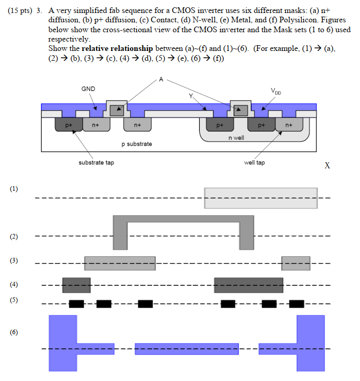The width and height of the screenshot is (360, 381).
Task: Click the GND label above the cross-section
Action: tap(88, 89)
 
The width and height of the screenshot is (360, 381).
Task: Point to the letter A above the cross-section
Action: tap(161, 80)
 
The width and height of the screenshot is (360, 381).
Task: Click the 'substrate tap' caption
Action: tap(96, 163)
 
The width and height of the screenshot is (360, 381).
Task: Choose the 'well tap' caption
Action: tap(254, 163)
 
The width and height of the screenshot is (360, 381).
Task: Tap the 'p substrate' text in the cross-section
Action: tap(136, 143)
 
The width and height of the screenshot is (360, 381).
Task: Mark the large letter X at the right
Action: tap(327, 166)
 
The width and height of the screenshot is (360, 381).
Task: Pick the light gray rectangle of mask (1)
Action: tap(261, 198)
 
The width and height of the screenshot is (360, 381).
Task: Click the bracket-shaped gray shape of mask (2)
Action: tap(184, 219)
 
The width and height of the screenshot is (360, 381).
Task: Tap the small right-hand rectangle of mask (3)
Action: tap(295, 263)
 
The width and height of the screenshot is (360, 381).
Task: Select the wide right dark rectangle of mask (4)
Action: tap(248, 285)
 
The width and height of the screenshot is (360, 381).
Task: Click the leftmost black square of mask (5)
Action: tap(76, 304)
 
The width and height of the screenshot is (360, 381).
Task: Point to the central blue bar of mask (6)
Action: tap(186, 348)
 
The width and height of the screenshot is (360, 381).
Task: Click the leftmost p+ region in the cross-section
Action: tap(68, 125)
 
